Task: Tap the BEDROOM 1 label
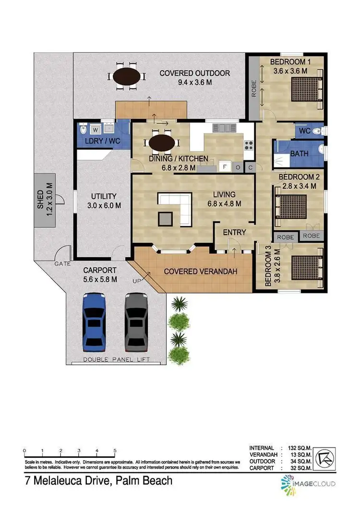(x=290, y=62)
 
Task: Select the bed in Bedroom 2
(x=290, y=206)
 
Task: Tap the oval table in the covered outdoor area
(x=128, y=77)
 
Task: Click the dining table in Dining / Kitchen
(x=162, y=143)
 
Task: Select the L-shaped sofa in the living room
(x=176, y=209)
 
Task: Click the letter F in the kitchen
(x=223, y=167)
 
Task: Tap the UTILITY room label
(x=104, y=196)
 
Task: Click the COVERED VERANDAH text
(x=201, y=271)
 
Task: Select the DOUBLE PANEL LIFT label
(x=117, y=359)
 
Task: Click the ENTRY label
(x=234, y=232)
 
